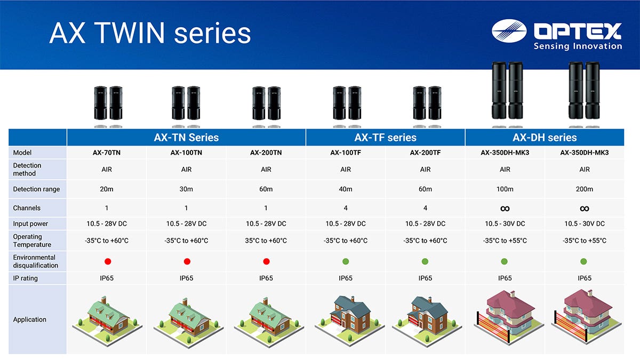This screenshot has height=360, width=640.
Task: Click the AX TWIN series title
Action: [150, 33]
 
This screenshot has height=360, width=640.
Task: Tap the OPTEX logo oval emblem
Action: [509, 31]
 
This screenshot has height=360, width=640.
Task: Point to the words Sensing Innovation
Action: [578, 46]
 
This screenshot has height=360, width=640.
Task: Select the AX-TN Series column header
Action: [186, 138]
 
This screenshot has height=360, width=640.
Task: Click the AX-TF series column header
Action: [386, 138]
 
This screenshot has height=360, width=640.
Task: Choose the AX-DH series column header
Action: [545, 138]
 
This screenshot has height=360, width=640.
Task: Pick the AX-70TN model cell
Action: [107, 153]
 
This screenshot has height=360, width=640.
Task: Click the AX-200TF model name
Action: [425, 153]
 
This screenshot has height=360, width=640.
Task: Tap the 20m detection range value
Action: [107, 189]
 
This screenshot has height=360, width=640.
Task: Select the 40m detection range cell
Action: [346, 189]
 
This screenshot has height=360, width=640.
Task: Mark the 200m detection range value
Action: [585, 189]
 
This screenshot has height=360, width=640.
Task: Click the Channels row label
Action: [27, 208]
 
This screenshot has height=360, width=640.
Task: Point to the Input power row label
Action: [30, 223]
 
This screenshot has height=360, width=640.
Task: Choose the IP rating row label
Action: [25, 278]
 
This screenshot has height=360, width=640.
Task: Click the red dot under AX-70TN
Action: [108, 261]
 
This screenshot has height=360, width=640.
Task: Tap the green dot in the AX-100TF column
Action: [346, 261]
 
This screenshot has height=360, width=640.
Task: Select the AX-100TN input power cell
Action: [186, 223]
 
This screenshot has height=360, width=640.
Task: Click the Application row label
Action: [29, 319]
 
